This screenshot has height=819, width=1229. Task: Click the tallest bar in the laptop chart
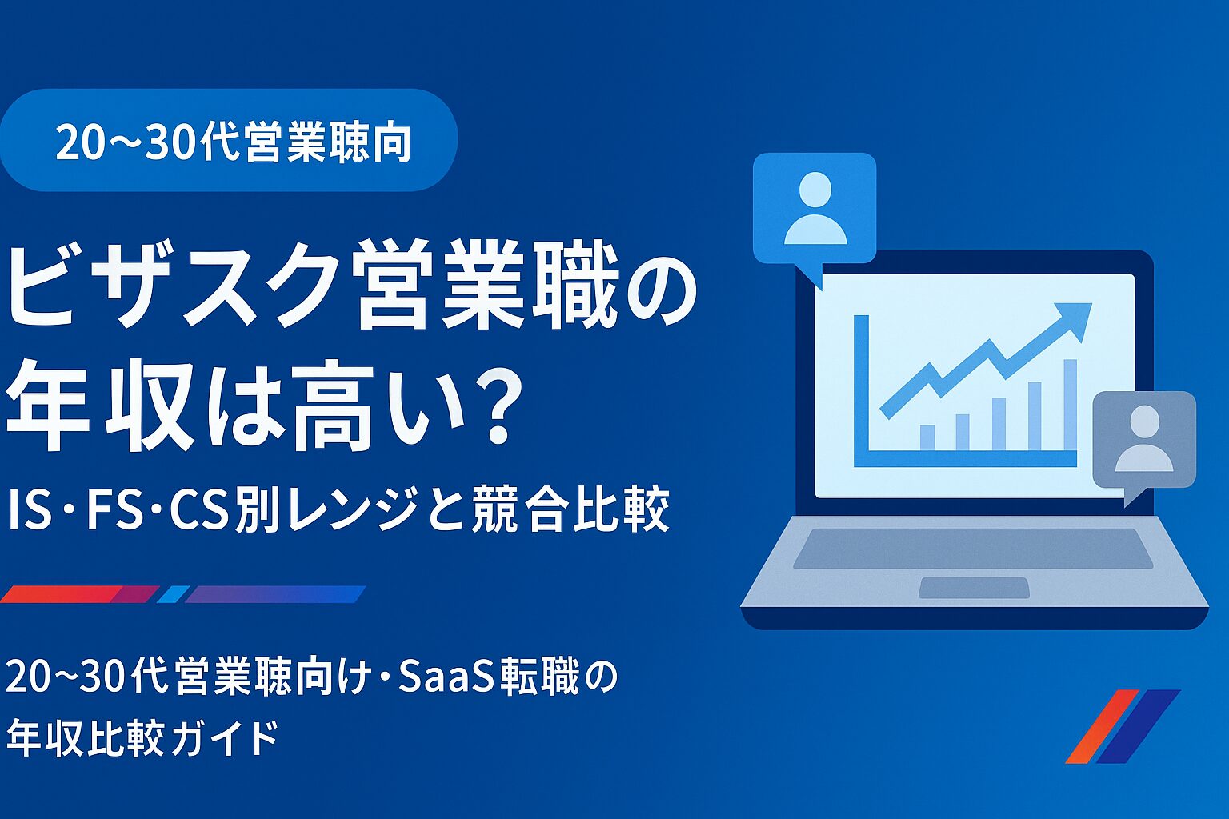(1070, 405)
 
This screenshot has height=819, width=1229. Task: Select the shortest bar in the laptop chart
(927, 437)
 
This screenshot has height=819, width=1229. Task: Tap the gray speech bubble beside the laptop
(1144, 440)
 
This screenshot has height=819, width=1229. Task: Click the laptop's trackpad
(974, 588)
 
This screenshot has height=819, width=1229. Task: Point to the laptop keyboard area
(973, 549)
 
